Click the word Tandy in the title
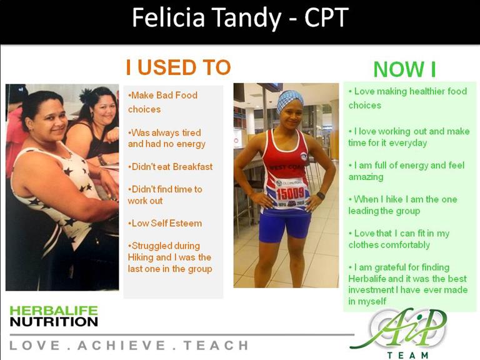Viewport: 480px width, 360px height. click(247, 18)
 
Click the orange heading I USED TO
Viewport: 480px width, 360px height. click(178, 67)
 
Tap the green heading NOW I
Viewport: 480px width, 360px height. click(405, 69)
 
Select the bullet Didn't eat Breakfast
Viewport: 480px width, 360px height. click(170, 167)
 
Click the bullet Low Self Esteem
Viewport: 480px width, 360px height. click(165, 223)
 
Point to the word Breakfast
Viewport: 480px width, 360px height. click(193, 167)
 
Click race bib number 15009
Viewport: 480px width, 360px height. click(290, 193)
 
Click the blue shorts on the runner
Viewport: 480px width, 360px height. click(284, 225)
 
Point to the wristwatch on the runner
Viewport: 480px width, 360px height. click(321, 196)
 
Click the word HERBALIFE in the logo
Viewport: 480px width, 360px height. click(54, 311)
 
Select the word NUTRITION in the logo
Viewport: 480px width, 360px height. click(54, 322)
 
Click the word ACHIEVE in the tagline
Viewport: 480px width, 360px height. click(121, 346)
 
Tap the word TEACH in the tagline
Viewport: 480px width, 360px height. click(216, 346)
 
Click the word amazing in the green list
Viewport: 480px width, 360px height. click(366, 177)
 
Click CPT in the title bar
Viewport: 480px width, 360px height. click(326, 17)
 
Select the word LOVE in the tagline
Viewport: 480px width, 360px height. click(34, 346)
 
